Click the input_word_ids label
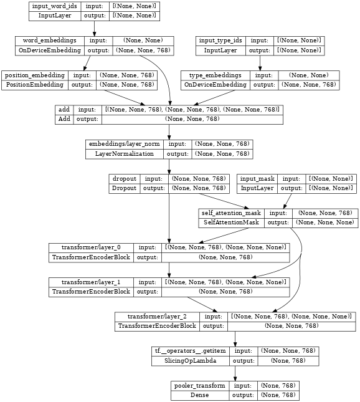pos(55,6)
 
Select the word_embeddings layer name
pos(50,41)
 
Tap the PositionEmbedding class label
pos(35,85)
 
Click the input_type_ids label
pos(220,41)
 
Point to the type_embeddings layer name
pos(216,75)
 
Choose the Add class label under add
pos(64,119)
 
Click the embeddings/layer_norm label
pos(125,144)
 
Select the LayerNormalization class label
pos(125,154)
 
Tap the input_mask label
pos(257,179)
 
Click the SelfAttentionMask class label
pos(231,223)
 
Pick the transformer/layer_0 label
pos(91,247)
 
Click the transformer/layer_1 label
pos(91,282)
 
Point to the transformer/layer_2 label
pos(157,317)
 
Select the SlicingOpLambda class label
pos(191,361)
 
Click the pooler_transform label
pos(200,386)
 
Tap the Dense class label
pos(199,395)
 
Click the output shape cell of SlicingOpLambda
pos(288,361)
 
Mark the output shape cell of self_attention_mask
pos(325,223)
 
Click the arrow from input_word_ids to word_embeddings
pos(94,29)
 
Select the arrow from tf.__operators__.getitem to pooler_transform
pos(235,373)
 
